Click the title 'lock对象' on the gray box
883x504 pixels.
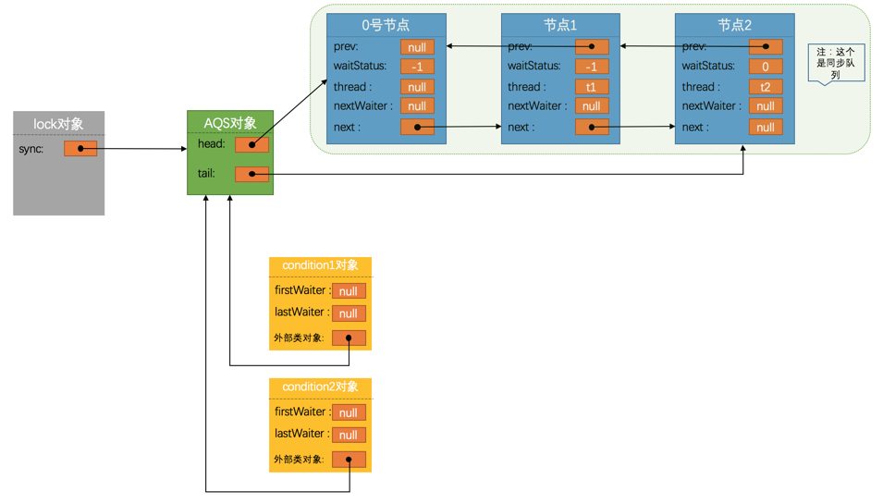pos(58,124)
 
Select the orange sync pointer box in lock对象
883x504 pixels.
pos(80,148)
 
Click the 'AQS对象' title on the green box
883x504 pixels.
pos(230,123)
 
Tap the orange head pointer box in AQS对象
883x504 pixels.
pos(251,144)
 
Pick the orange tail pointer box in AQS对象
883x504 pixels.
pos(251,174)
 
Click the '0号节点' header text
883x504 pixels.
pos(386,25)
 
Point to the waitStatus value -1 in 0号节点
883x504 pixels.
pos(417,67)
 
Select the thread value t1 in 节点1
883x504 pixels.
pos(592,87)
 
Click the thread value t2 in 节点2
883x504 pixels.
pos(766,87)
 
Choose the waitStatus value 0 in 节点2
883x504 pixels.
pos(766,67)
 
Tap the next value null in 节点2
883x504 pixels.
pos(766,127)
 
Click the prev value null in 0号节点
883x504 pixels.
pos(417,46)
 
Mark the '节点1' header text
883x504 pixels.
pos(560,25)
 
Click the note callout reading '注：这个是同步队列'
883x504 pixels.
pos(835,64)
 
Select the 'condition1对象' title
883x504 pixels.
pos(320,266)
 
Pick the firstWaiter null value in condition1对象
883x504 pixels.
pos(349,291)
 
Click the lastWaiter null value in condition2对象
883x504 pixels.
pos(349,435)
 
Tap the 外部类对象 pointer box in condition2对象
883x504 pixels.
pos(349,459)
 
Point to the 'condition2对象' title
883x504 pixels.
pos(320,387)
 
